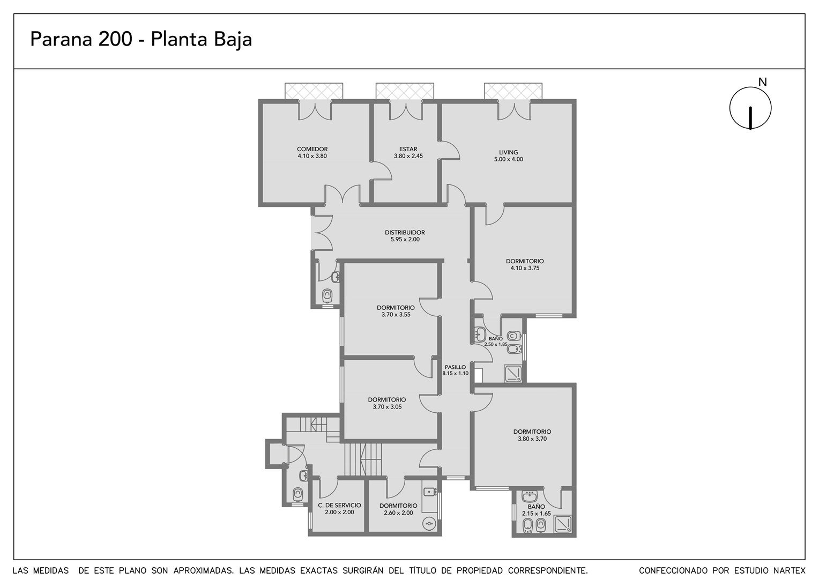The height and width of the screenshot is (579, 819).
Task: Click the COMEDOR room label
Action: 312,149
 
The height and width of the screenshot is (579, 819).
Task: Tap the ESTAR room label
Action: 408,149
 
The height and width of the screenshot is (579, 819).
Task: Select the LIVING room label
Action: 509,152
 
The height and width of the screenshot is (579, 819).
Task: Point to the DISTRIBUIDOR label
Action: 405,233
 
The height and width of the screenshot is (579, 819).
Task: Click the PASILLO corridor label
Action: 455,367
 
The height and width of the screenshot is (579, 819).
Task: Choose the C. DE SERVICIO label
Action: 339,506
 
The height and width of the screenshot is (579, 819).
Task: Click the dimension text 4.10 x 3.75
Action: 525,268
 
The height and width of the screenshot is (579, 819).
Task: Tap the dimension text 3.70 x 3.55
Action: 396,315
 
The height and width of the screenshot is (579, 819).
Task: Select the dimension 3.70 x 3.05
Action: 387,407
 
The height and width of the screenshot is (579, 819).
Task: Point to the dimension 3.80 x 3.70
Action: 532,439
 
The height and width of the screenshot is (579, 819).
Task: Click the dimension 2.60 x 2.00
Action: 399,513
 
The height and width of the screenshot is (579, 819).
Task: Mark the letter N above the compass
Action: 762,83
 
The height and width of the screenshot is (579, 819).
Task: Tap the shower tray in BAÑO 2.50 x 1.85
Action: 513,374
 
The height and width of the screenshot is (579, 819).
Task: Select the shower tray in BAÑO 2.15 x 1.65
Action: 563,524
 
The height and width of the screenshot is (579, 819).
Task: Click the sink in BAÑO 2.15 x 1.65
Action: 529,496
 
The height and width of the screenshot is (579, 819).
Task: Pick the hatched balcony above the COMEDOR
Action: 314,91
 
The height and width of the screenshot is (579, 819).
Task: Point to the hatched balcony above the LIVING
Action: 513,91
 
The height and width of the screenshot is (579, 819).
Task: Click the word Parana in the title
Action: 61,39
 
